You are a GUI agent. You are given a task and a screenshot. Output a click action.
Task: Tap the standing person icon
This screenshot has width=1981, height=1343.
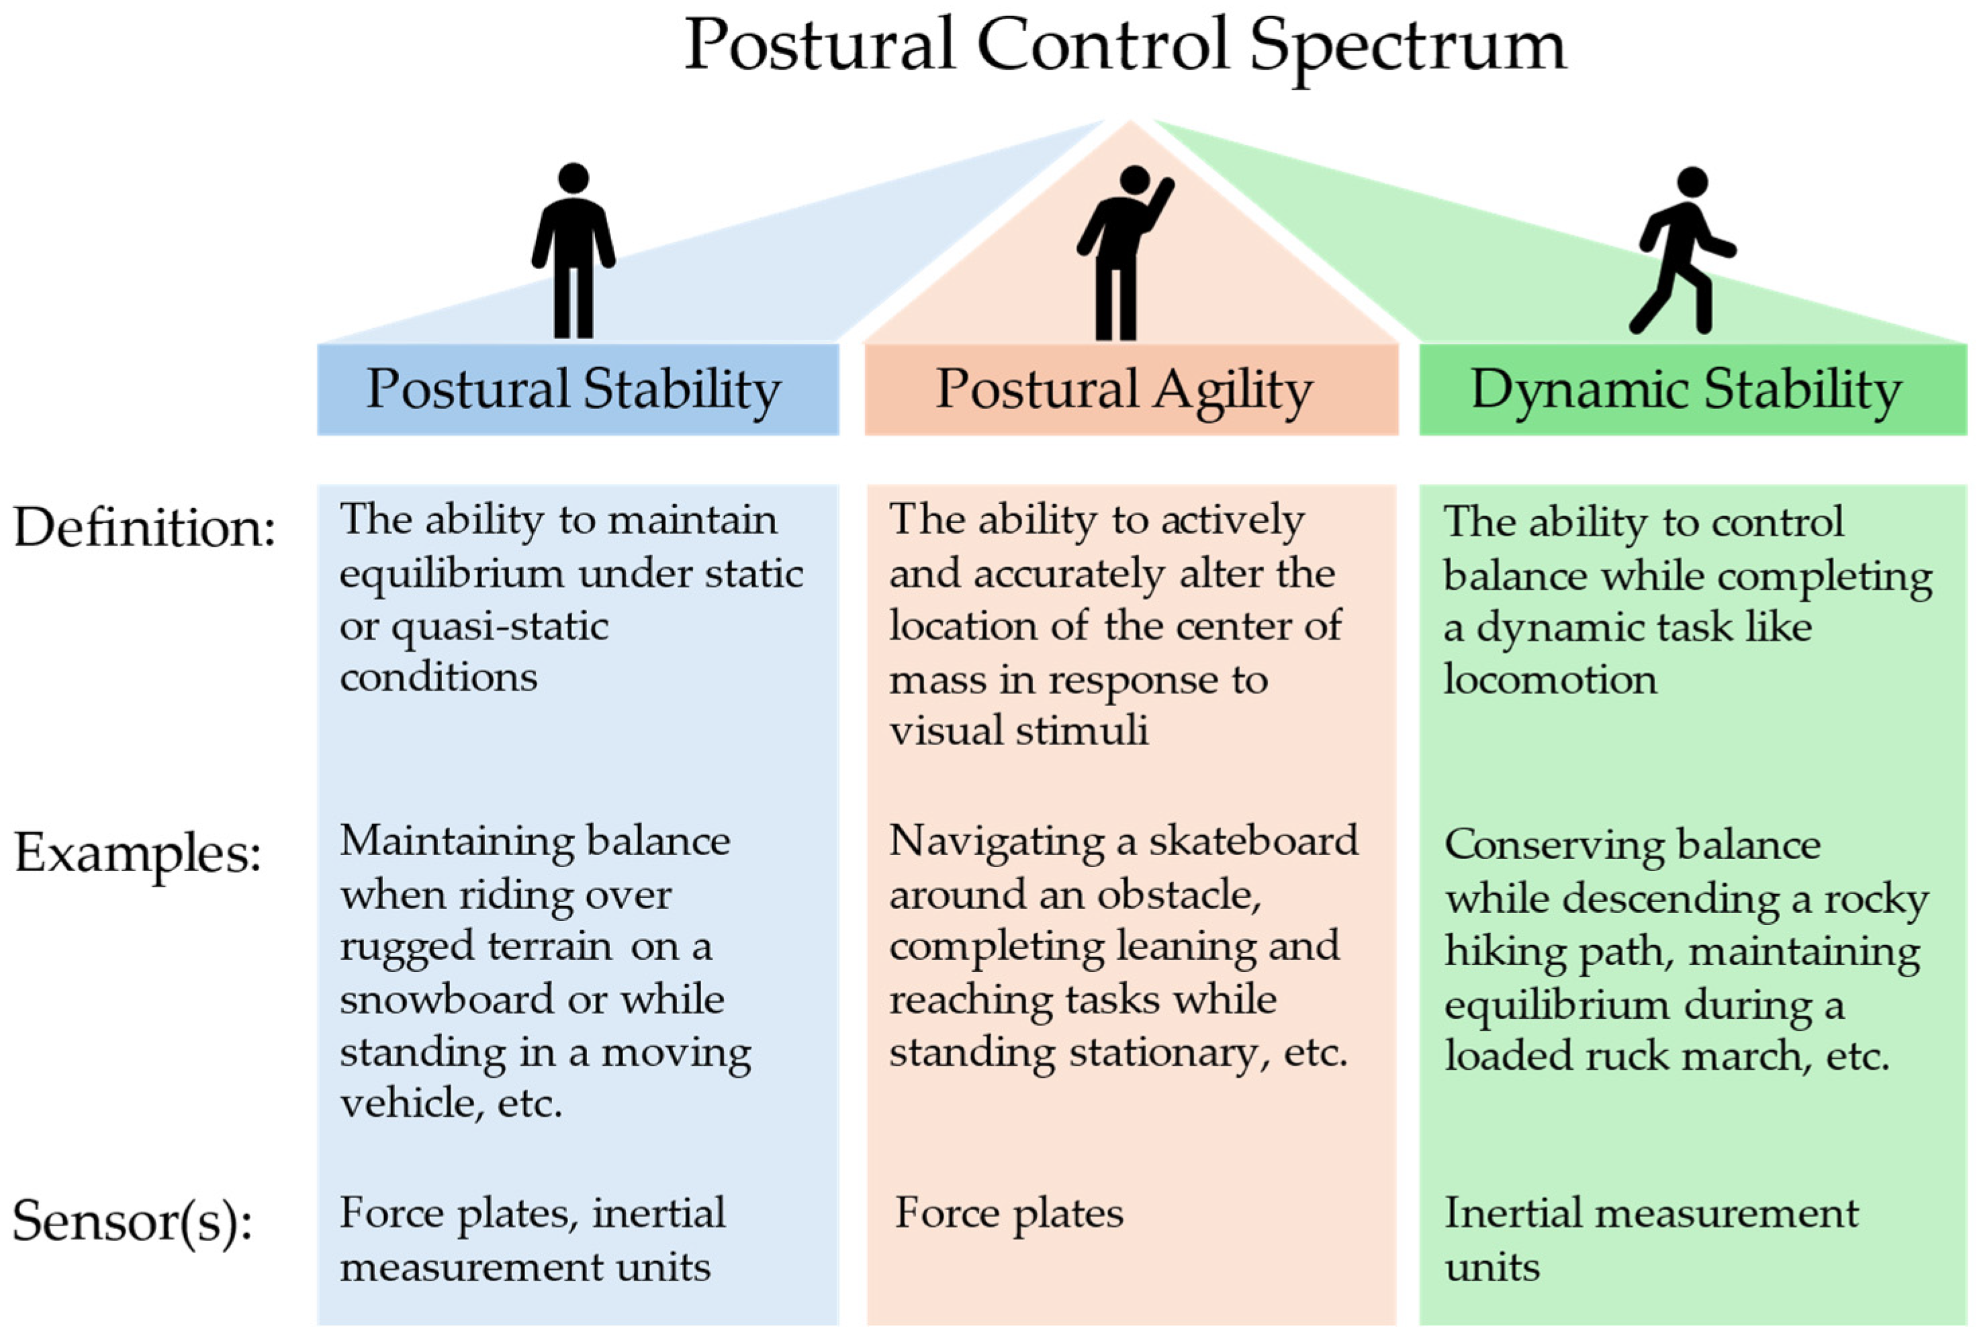[573, 252]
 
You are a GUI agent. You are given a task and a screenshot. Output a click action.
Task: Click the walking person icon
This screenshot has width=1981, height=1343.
[1680, 252]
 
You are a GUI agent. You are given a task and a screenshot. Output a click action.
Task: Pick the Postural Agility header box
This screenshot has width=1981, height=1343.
[1130, 389]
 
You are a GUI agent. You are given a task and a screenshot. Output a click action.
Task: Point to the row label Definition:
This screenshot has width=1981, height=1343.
[145, 528]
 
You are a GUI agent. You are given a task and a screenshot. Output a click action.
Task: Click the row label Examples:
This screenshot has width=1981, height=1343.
[137, 852]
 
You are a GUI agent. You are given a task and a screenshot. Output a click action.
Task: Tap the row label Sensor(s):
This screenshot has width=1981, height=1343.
[133, 1220]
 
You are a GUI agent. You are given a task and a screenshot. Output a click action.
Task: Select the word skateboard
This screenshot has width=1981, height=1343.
[1252, 841]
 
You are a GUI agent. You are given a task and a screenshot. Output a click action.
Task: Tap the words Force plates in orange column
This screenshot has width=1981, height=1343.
[1009, 1213]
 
